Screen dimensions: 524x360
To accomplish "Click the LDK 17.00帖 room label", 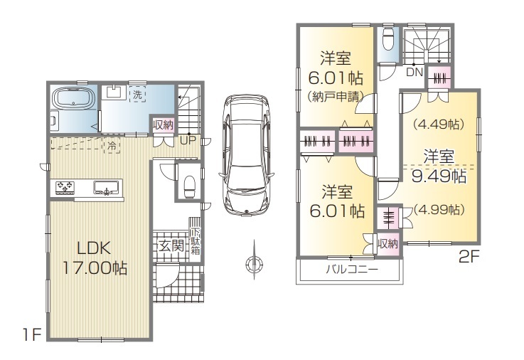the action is (x=95, y=258).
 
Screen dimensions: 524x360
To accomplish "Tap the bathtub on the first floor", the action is (x=74, y=99).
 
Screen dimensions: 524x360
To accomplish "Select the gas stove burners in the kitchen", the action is (x=65, y=187).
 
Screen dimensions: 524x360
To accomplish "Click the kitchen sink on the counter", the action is (x=106, y=188).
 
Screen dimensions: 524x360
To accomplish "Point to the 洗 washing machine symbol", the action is (x=137, y=94).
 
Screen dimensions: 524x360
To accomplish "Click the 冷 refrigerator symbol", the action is (x=112, y=146).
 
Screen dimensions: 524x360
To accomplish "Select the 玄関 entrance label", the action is (x=171, y=246).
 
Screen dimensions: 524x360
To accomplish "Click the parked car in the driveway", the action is (x=246, y=155).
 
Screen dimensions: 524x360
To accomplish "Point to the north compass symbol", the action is (x=254, y=263).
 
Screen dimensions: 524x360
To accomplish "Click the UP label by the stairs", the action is (x=188, y=140).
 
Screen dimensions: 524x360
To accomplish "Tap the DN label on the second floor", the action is (x=415, y=72).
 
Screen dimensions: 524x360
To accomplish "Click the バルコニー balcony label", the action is (x=352, y=269).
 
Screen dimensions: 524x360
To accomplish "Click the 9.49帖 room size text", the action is (x=439, y=176).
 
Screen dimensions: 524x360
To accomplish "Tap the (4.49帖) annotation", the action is (x=439, y=125).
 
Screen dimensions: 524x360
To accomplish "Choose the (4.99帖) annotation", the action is (x=439, y=210).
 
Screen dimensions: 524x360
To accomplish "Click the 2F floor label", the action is (x=469, y=257).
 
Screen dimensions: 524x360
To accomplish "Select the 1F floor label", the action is (x=32, y=334).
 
